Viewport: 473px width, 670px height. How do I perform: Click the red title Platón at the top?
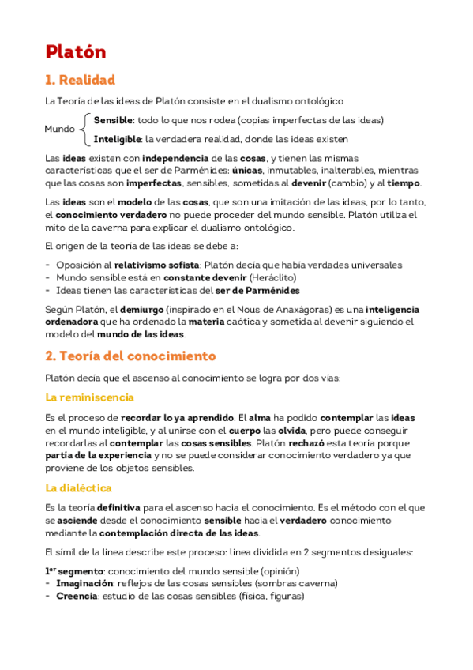tap(76, 52)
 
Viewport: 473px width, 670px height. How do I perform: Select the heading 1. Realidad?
tap(80, 80)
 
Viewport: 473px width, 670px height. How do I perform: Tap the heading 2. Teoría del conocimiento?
tap(130, 356)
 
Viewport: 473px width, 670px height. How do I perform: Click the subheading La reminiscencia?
tap(89, 397)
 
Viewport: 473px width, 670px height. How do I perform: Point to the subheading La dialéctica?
tap(78, 487)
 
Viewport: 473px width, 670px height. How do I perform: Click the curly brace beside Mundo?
tap(84, 129)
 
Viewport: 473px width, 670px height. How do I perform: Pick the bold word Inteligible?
tap(117, 139)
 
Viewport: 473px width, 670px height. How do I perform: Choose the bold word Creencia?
tap(77, 596)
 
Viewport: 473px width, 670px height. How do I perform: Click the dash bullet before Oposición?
tap(48, 265)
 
